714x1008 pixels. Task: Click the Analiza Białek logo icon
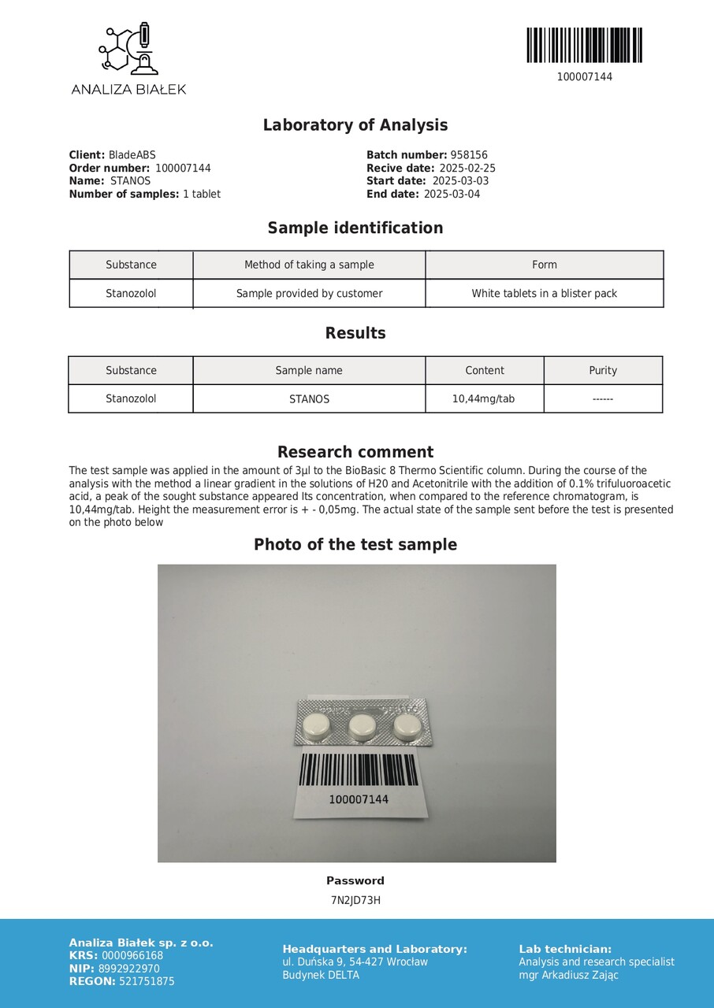pyautogui.click(x=128, y=50)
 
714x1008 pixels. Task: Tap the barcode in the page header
pyautogui.click(x=584, y=46)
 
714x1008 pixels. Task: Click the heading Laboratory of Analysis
pyautogui.click(x=355, y=125)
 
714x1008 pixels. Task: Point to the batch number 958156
pyautogui.click(x=469, y=155)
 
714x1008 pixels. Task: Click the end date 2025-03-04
pyautogui.click(x=452, y=194)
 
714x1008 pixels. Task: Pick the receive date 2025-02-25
pyautogui.click(x=467, y=168)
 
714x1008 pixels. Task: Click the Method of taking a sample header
pyautogui.click(x=309, y=265)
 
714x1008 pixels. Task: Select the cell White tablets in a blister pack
pyautogui.click(x=544, y=294)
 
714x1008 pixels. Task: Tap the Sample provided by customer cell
pyautogui.click(x=309, y=294)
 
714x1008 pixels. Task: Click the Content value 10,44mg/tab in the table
pyautogui.click(x=483, y=398)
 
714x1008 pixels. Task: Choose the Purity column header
pyautogui.click(x=603, y=370)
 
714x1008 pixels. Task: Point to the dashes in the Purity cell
pyautogui.click(x=603, y=399)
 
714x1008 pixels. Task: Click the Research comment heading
pyautogui.click(x=355, y=452)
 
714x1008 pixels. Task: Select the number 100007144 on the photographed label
pyautogui.click(x=359, y=799)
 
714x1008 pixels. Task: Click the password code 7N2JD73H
pyautogui.click(x=355, y=900)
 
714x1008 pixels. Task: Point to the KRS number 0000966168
pyautogui.click(x=132, y=956)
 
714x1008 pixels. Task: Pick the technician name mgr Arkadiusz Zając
pyautogui.click(x=568, y=975)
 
